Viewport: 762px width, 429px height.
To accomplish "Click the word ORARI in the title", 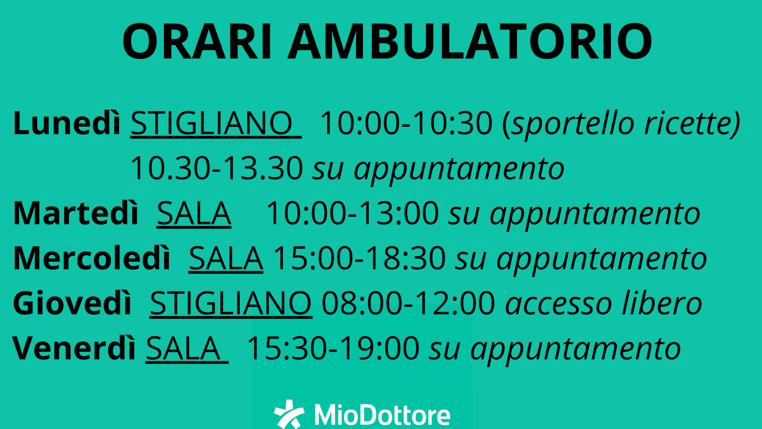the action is pyautogui.click(x=197, y=41).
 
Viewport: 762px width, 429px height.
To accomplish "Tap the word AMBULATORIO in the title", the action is pyautogui.click(x=470, y=41).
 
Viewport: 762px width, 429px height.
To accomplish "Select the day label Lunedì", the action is pyautogui.click(x=67, y=123).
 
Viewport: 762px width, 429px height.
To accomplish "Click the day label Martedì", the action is pyautogui.click(x=76, y=213).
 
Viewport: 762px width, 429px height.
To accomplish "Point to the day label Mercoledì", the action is pyautogui.click(x=92, y=258).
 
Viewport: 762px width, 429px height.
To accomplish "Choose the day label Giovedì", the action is pyautogui.click(x=72, y=303).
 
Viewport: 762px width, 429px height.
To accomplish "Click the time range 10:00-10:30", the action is pyautogui.click(x=407, y=123).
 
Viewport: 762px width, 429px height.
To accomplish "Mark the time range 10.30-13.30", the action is pyautogui.click(x=217, y=168).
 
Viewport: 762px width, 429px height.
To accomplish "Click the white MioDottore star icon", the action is pyautogui.click(x=289, y=414).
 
